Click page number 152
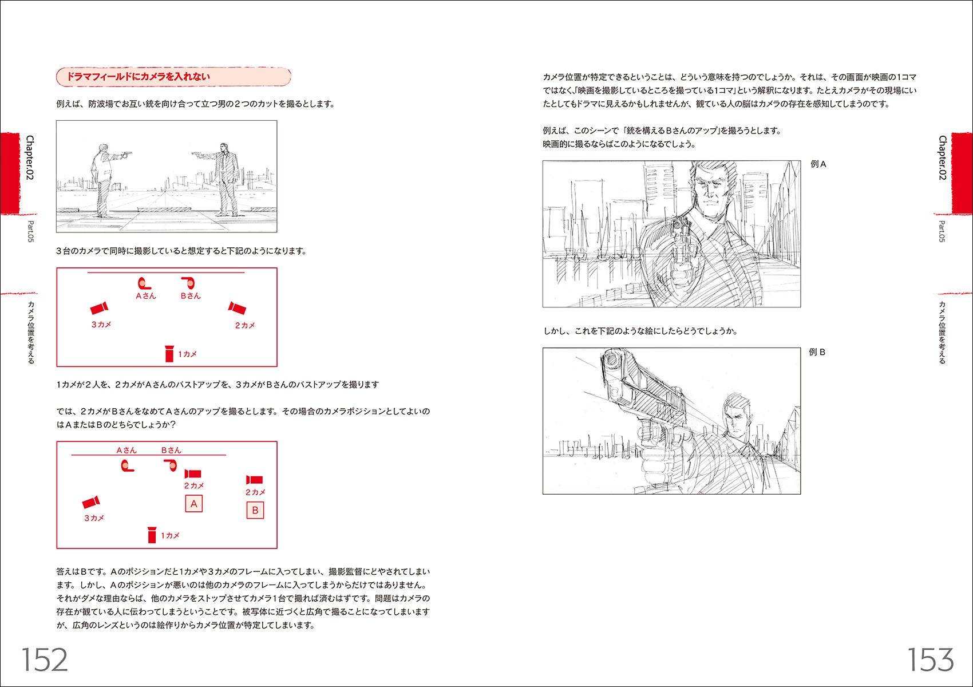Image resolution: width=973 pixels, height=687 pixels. coord(45,660)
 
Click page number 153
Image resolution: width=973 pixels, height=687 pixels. coord(931,660)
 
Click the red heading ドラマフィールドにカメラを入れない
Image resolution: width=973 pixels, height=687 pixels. coord(138,77)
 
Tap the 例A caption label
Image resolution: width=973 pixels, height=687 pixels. coord(818,164)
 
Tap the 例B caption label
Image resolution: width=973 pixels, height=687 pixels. coord(817,352)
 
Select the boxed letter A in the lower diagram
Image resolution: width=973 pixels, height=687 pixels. coord(193,504)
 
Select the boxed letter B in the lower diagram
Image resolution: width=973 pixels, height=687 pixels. coord(255,510)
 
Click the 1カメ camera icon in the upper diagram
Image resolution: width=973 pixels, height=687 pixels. coord(169,354)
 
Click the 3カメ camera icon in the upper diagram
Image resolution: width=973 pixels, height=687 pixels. coord(100,309)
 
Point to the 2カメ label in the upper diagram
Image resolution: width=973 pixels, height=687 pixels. coord(244,325)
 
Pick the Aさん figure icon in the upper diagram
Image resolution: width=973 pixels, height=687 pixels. coord(143,283)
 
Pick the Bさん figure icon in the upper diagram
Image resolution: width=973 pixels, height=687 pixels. coord(188,283)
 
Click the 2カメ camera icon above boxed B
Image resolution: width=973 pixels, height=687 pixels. coord(254,480)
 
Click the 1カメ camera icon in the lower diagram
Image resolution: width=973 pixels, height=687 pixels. coord(152,535)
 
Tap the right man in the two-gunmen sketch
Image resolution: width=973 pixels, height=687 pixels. coord(227,177)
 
